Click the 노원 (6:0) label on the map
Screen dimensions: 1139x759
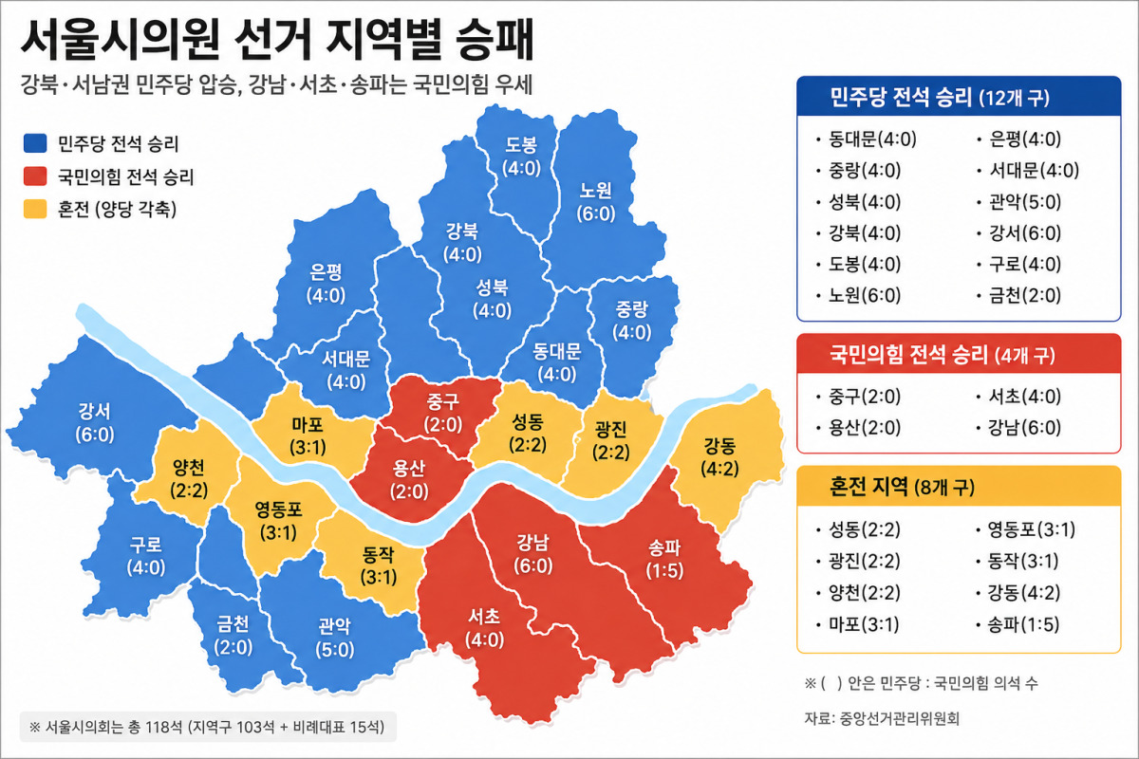(596, 202)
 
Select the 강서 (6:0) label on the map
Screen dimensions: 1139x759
(95, 423)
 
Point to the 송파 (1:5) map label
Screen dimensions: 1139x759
(664, 559)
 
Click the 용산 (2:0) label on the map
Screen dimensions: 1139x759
(409, 480)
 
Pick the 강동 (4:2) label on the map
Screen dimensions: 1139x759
(719, 457)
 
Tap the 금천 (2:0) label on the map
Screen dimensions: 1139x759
(233, 636)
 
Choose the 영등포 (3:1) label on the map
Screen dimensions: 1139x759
(278, 521)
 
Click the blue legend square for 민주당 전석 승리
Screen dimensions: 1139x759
(35, 143)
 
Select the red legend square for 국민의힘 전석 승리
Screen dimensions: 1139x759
(35, 176)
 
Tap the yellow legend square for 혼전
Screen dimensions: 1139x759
(35, 209)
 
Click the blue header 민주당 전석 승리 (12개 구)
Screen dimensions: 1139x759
(940, 97)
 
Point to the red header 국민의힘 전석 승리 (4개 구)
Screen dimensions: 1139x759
(943, 354)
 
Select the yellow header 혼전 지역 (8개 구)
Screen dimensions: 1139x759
(902, 487)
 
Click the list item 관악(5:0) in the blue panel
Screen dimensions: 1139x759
(1024, 202)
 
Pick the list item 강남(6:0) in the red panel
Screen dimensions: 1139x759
(1024, 427)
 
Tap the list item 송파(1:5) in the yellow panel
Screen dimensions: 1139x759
(1023, 623)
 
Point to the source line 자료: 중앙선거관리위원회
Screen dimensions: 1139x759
(882, 718)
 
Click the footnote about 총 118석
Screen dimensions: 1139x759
(207, 727)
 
